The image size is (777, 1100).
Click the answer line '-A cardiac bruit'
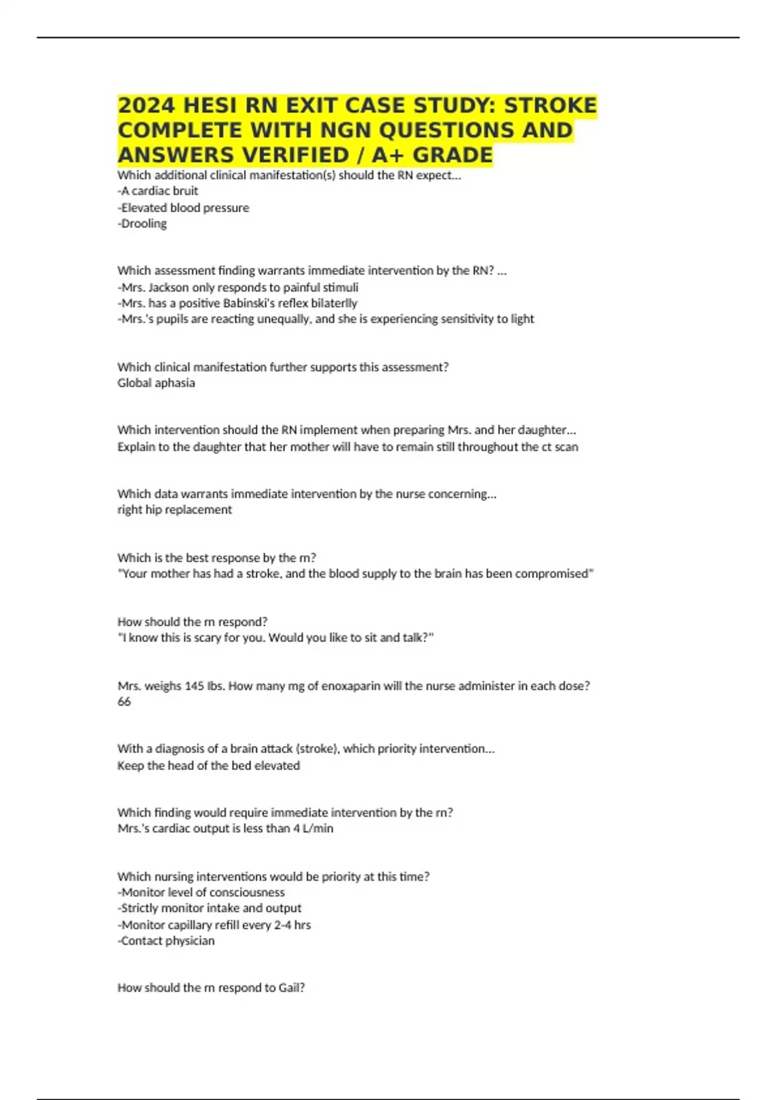click(158, 191)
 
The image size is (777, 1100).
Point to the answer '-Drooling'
click(142, 223)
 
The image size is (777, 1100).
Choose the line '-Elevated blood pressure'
click(183, 208)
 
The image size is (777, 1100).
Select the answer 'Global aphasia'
click(156, 382)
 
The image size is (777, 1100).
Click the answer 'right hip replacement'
click(174, 509)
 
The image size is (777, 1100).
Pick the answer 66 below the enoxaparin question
click(124, 701)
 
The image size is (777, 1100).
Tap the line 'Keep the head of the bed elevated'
click(208, 765)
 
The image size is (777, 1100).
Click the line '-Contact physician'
click(166, 940)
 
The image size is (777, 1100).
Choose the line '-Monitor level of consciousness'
click(201, 892)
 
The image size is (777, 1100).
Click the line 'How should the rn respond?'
click(192, 621)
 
